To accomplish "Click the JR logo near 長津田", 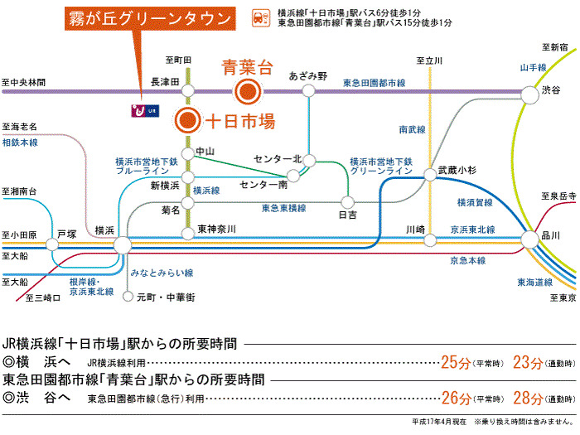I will pyautogui.click(x=143, y=109).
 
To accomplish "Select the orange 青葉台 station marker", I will pyautogui.click(x=247, y=90).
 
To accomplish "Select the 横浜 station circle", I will pyautogui.click(x=122, y=244).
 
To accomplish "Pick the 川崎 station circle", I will pyautogui.click(x=429, y=240).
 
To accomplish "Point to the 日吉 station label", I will pyautogui.click(x=348, y=215).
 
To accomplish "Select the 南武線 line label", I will pyautogui.click(x=412, y=129).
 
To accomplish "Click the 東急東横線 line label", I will pyautogui.click(x=283, y=207).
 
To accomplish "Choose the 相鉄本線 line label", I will pyautogui.click(x=20, y=143).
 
